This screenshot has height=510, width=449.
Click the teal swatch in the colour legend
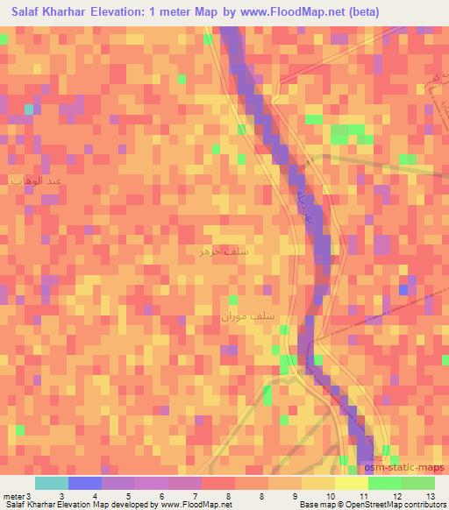pyautogui.click(x=52, y=483)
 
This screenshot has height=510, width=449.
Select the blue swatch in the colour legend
pyautogui.click(x=85, y=483)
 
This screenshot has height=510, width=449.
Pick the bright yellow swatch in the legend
pyautogui.click(x=352, y=483)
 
